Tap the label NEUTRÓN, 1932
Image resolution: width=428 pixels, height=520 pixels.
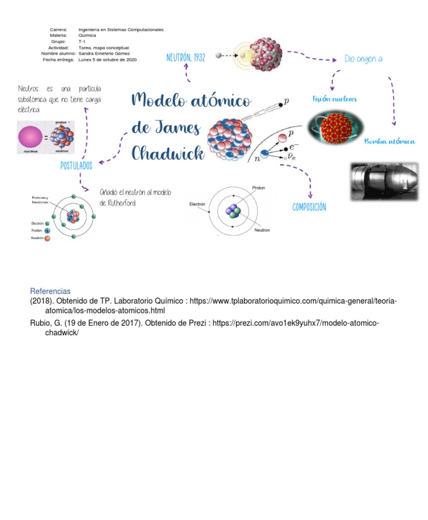click(x=186, y=58)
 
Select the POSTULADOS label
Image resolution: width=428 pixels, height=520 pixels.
click(x=76, y=166)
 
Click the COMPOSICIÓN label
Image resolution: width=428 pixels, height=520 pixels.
click(x=309, y=208)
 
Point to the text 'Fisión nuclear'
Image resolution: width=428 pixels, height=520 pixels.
click(x=335, y=99)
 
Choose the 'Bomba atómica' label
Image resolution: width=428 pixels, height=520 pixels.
click(x=390, y=142)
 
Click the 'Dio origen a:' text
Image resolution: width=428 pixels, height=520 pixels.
click(x=363, y=59)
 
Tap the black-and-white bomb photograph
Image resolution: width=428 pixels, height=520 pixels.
click(x=383, y=181)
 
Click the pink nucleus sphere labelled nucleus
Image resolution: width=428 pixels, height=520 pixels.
click(x=30, y=137)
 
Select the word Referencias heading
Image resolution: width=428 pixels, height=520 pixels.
click(x=50, y=291)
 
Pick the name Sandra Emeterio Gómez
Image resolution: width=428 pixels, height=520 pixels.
click(x=104, y=54)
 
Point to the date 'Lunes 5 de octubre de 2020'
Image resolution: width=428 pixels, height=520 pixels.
click(x=108, y=59)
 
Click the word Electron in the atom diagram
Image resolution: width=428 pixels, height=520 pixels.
click(x=197, y=204)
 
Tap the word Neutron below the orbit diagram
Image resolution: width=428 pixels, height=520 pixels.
click(x=262, y=230)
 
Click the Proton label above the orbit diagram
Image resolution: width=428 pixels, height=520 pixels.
click(x=259, y=188)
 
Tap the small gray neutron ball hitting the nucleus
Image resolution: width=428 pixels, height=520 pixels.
click(x=219, y=55)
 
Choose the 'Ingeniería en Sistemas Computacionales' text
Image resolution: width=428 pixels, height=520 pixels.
click(x=121, y=29)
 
